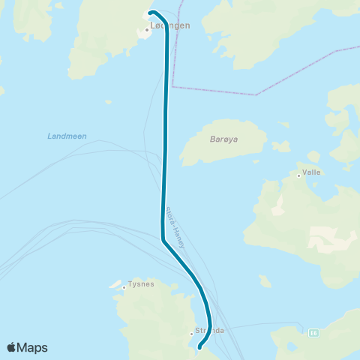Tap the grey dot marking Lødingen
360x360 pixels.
click(x=147, y=30)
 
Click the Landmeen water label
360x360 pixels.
click(x=67, y=136)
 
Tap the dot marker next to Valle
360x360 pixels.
click(x=299, y=175)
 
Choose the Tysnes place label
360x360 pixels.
click(x=141, y=284)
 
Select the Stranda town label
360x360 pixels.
click(x=209, y=330)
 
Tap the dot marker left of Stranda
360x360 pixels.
click(x=192, y=333)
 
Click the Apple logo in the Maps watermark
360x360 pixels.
click(x=13, y=347)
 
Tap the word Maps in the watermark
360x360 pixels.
click(x=34, y=347)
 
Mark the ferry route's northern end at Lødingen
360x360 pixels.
click(x=151, y=13)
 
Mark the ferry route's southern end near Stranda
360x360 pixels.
click(x=199, y=347)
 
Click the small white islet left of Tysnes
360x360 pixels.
click(x=116, y=286)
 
